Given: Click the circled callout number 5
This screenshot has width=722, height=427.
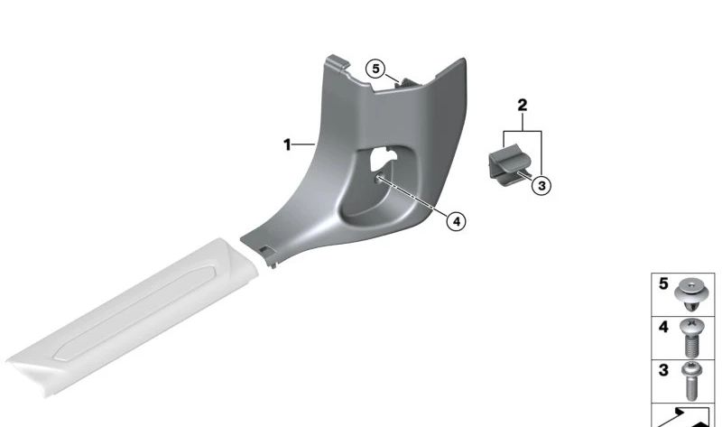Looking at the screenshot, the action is coord(375,70).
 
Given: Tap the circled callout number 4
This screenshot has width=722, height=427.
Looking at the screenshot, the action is coord(456,221).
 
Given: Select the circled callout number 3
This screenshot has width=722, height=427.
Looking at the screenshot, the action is coord(541,186).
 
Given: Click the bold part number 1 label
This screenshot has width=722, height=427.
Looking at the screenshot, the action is coord(287,145).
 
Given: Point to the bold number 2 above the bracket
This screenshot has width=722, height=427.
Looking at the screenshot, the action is coord(523,106).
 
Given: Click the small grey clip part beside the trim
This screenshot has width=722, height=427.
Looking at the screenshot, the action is coord(509,165).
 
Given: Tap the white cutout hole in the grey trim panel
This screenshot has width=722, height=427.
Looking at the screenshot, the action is coord(383,159).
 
